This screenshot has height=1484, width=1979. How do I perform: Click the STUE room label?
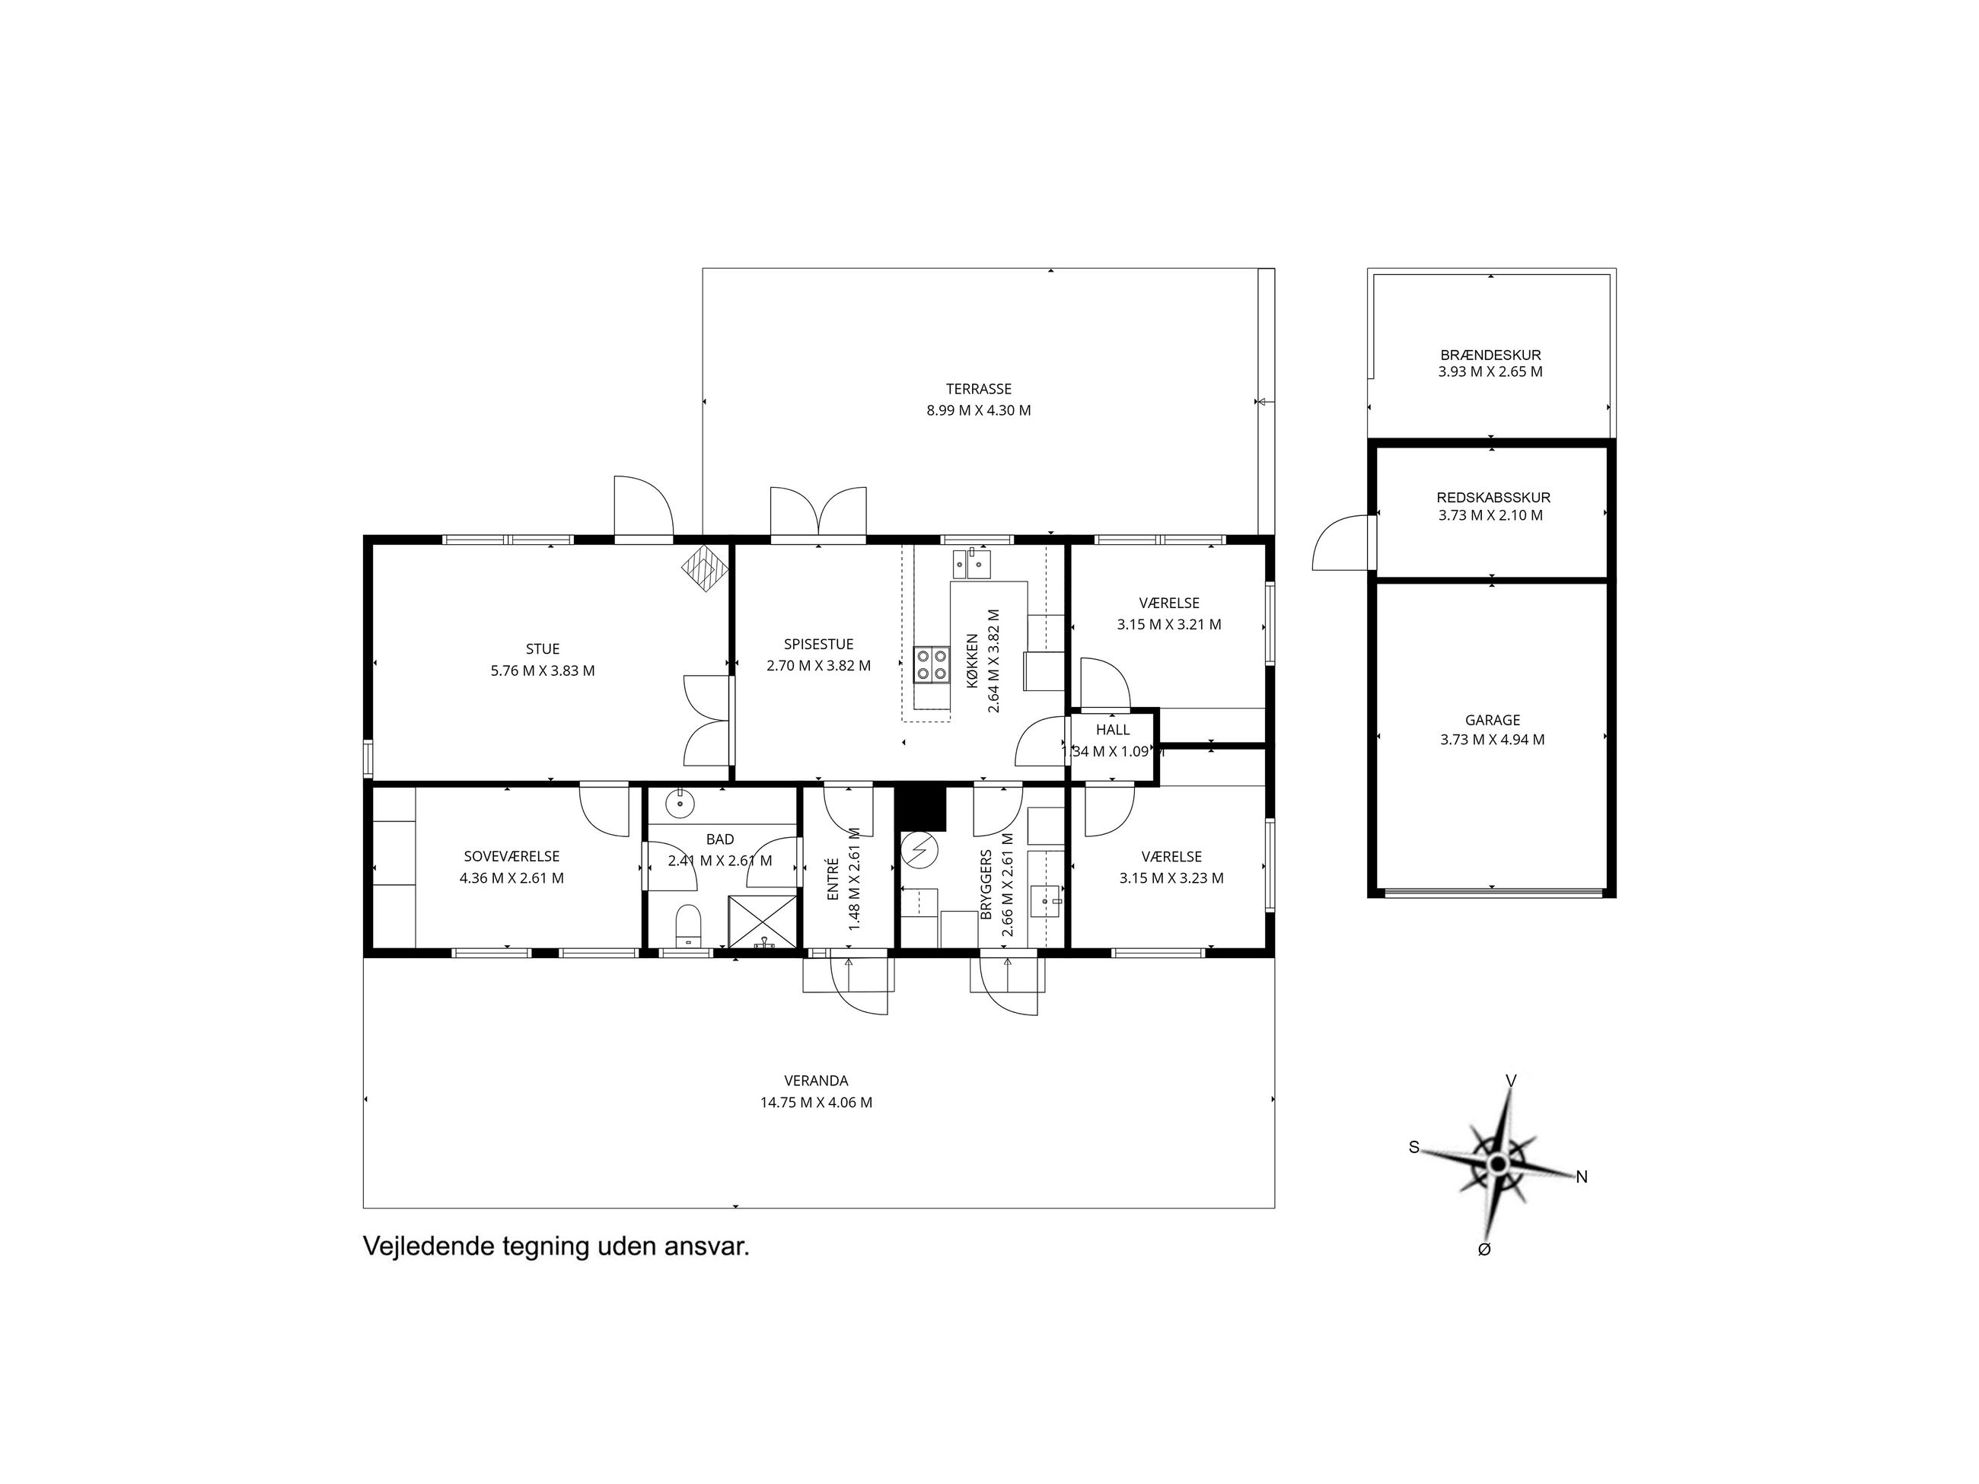(542, 648)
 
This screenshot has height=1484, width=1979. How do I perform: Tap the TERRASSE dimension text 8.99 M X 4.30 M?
(978, 411)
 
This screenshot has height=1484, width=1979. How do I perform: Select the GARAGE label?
(1493, 720)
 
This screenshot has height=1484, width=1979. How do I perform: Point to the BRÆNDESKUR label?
(1490, 355)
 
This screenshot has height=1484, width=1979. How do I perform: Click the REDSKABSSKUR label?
(1493, 498)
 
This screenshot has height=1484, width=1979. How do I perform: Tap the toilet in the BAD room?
(687, 925)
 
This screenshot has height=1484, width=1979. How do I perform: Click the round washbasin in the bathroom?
(680, 804)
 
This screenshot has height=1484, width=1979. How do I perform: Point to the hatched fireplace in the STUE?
(706, 568)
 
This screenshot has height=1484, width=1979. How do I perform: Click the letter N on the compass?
(1582, 1177)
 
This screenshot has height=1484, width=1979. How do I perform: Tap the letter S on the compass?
(1414, 1148)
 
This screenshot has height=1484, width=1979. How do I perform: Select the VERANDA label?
(816, 1081)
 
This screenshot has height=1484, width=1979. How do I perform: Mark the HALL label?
(1113, 730)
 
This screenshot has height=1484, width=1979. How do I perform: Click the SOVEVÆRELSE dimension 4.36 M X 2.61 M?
(511, 878)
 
